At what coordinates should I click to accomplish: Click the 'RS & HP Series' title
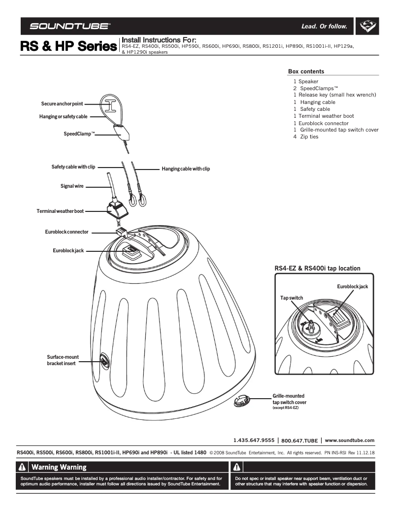tap(68, 47)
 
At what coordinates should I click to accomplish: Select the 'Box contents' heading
tap(306, 71)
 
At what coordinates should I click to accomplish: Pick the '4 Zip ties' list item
tap(306, 136)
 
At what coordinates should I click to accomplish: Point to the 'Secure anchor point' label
tap(62, 104)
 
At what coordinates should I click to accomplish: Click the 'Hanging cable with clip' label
tap(186, 169)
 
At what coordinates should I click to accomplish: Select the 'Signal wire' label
tap(72, 186)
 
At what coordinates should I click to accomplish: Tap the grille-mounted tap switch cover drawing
tap(241, 401)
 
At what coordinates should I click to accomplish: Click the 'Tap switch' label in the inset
tap(292, 298)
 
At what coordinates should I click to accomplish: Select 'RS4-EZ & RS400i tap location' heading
tap(317, 269)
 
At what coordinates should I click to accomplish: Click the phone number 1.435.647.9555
tap(254, 440)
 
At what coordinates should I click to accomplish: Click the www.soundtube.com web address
tap(350, 440)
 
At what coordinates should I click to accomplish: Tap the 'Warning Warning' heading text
tap(59, 467)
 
